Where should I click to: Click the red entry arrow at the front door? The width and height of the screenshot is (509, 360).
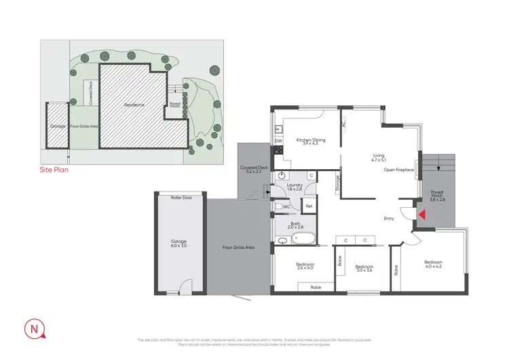(421, 215)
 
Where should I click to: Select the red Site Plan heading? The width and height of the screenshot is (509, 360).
(54, 170)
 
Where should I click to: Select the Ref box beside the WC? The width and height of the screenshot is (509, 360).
(309, 206)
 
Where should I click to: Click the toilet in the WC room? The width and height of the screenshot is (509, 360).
(278, 206)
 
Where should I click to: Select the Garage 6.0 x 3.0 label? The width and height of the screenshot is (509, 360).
(180, 244)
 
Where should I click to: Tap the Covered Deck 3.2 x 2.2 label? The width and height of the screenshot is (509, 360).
(254, 170)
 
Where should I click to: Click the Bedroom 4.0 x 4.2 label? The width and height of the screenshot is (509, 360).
(433, 264)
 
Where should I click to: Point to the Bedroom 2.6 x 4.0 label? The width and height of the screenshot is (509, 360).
(305, 267)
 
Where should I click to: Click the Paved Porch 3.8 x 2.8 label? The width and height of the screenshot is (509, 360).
(436, 196)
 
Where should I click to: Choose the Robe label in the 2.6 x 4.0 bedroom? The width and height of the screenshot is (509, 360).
(315, 288)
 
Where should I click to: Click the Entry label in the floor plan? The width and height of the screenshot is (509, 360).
(389, 218)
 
